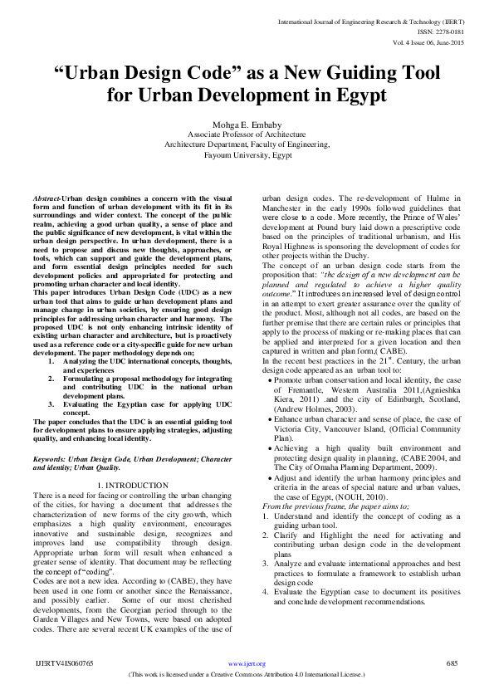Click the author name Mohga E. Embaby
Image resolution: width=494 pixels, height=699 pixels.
(247, 123)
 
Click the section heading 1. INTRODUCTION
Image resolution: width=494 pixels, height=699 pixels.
(133, 484)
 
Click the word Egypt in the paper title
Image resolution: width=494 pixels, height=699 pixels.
(358, 95)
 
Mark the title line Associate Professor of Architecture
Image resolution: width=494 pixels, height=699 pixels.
(246, 134)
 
